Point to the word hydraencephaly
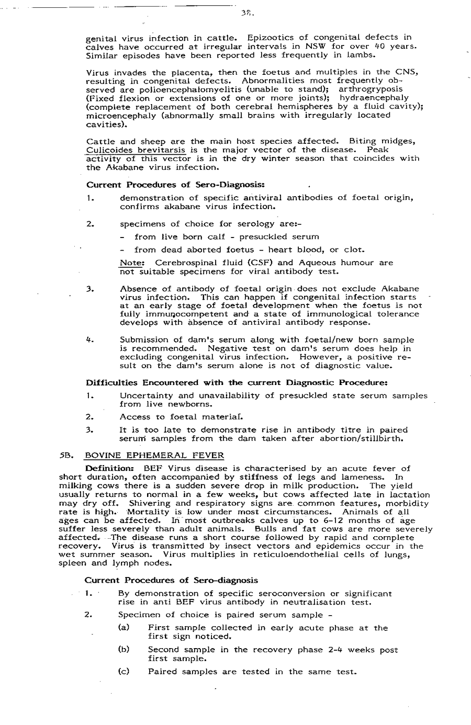click(x=374, y=98)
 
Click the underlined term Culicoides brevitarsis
click(x=132, y=150)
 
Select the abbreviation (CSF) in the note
click(x=263, y=263)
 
